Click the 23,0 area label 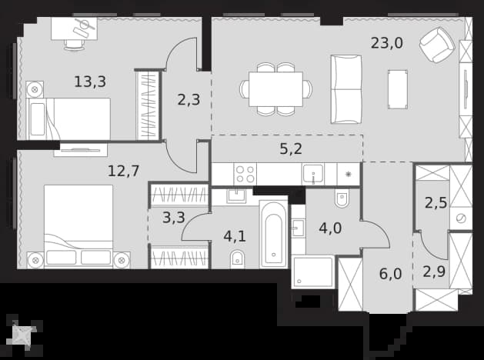(x=387, y=43)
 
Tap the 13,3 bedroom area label (x=90, y=82)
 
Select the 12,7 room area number (x=123, y=171)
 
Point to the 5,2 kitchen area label (x=291, y=149)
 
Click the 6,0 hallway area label (x=390, y=274)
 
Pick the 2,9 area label (x=434, y=272)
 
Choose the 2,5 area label (x=436, y=203)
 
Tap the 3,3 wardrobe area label (x=174, y=217)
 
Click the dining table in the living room (x=276, y=89)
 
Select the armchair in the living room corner (x=437, y=45)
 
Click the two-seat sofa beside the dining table (x=346, y=89)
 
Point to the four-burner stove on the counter (x=245, y=175)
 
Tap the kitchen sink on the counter (x=313, y=174)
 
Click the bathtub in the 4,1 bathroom (x=273, y=234)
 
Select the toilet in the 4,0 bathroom (x=342, y=198)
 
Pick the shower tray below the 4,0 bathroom (x=312, y=272)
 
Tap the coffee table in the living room (x=398, y=89)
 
